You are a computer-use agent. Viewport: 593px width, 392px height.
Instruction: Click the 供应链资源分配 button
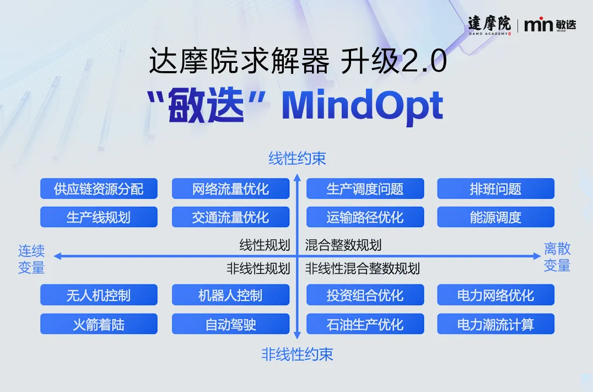coord(99,189)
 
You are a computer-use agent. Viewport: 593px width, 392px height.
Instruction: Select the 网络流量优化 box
coord(231,189)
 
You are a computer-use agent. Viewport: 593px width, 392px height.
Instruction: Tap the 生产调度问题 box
coord(365,189)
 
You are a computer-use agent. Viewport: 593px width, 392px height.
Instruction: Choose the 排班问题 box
coord(496,189)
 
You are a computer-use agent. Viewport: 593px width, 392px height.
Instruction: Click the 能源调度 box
coord(496,217)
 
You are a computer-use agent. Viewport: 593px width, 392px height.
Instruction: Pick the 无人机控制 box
coord(99,295)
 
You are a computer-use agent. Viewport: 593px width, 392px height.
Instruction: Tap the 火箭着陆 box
coord(99,324)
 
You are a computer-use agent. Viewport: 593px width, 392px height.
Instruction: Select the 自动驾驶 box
coord(231,324)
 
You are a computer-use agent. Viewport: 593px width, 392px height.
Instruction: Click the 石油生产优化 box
coord(365,324)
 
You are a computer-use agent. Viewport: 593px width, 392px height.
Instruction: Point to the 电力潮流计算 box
coord(496,324)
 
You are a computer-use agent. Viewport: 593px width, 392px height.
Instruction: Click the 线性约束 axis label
coord(297,158)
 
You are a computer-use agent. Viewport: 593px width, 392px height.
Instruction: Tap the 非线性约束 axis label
coord(297,355)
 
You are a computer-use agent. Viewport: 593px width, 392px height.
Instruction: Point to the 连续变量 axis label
coord(31,259)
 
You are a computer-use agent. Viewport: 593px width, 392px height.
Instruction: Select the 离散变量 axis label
coord(557,257)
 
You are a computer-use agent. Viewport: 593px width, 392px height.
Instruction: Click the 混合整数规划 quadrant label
coord(343,245)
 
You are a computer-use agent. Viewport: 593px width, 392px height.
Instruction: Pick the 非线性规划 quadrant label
coord(258,269)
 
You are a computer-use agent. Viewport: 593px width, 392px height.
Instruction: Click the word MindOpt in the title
coord(362,106)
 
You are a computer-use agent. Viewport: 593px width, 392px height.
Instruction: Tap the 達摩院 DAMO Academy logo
coord(489,25)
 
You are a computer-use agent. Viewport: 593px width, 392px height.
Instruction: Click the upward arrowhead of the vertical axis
coord(297,177)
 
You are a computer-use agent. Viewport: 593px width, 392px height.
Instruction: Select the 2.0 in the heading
coord(424,61)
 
